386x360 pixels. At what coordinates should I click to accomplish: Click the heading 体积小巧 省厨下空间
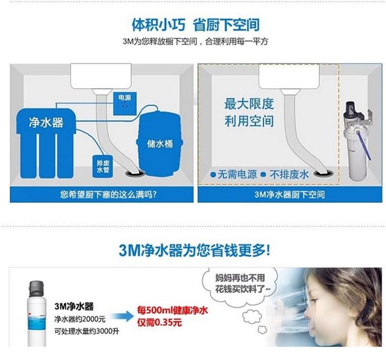[x=196, y=25]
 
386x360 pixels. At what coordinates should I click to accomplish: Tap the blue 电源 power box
[x=124, y=104]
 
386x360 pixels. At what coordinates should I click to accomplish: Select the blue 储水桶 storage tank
[x=160, y=144]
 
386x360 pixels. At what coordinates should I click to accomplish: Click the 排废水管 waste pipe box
[x=103, y=167]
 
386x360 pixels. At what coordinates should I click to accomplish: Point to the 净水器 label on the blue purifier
[x=46, y=122]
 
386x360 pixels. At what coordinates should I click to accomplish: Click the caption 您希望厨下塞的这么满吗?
[x=108, y=195]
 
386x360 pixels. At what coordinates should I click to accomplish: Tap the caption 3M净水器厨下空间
[x=290, y=195]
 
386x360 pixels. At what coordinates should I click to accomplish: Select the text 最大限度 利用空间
[x=249, y=113]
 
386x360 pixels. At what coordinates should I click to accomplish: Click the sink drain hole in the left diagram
[x=135, y=173]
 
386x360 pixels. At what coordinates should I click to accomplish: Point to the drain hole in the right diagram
[x=324, y=173]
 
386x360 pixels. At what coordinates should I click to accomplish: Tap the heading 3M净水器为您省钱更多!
[x=194, y=251]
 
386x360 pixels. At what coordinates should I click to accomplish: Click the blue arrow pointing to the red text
[x=122, y=316]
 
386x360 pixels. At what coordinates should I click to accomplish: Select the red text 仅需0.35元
[x=160, y=322]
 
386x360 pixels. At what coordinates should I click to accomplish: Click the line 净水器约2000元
[x=80, y=320]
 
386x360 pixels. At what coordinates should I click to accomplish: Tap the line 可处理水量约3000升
[x=87, y=331]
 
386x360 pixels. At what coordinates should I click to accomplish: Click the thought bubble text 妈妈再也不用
[x=240, y=278]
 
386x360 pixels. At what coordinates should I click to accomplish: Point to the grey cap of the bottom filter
[x=37, y=289]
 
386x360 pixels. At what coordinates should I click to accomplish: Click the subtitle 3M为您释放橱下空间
[x=160, y=41]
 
